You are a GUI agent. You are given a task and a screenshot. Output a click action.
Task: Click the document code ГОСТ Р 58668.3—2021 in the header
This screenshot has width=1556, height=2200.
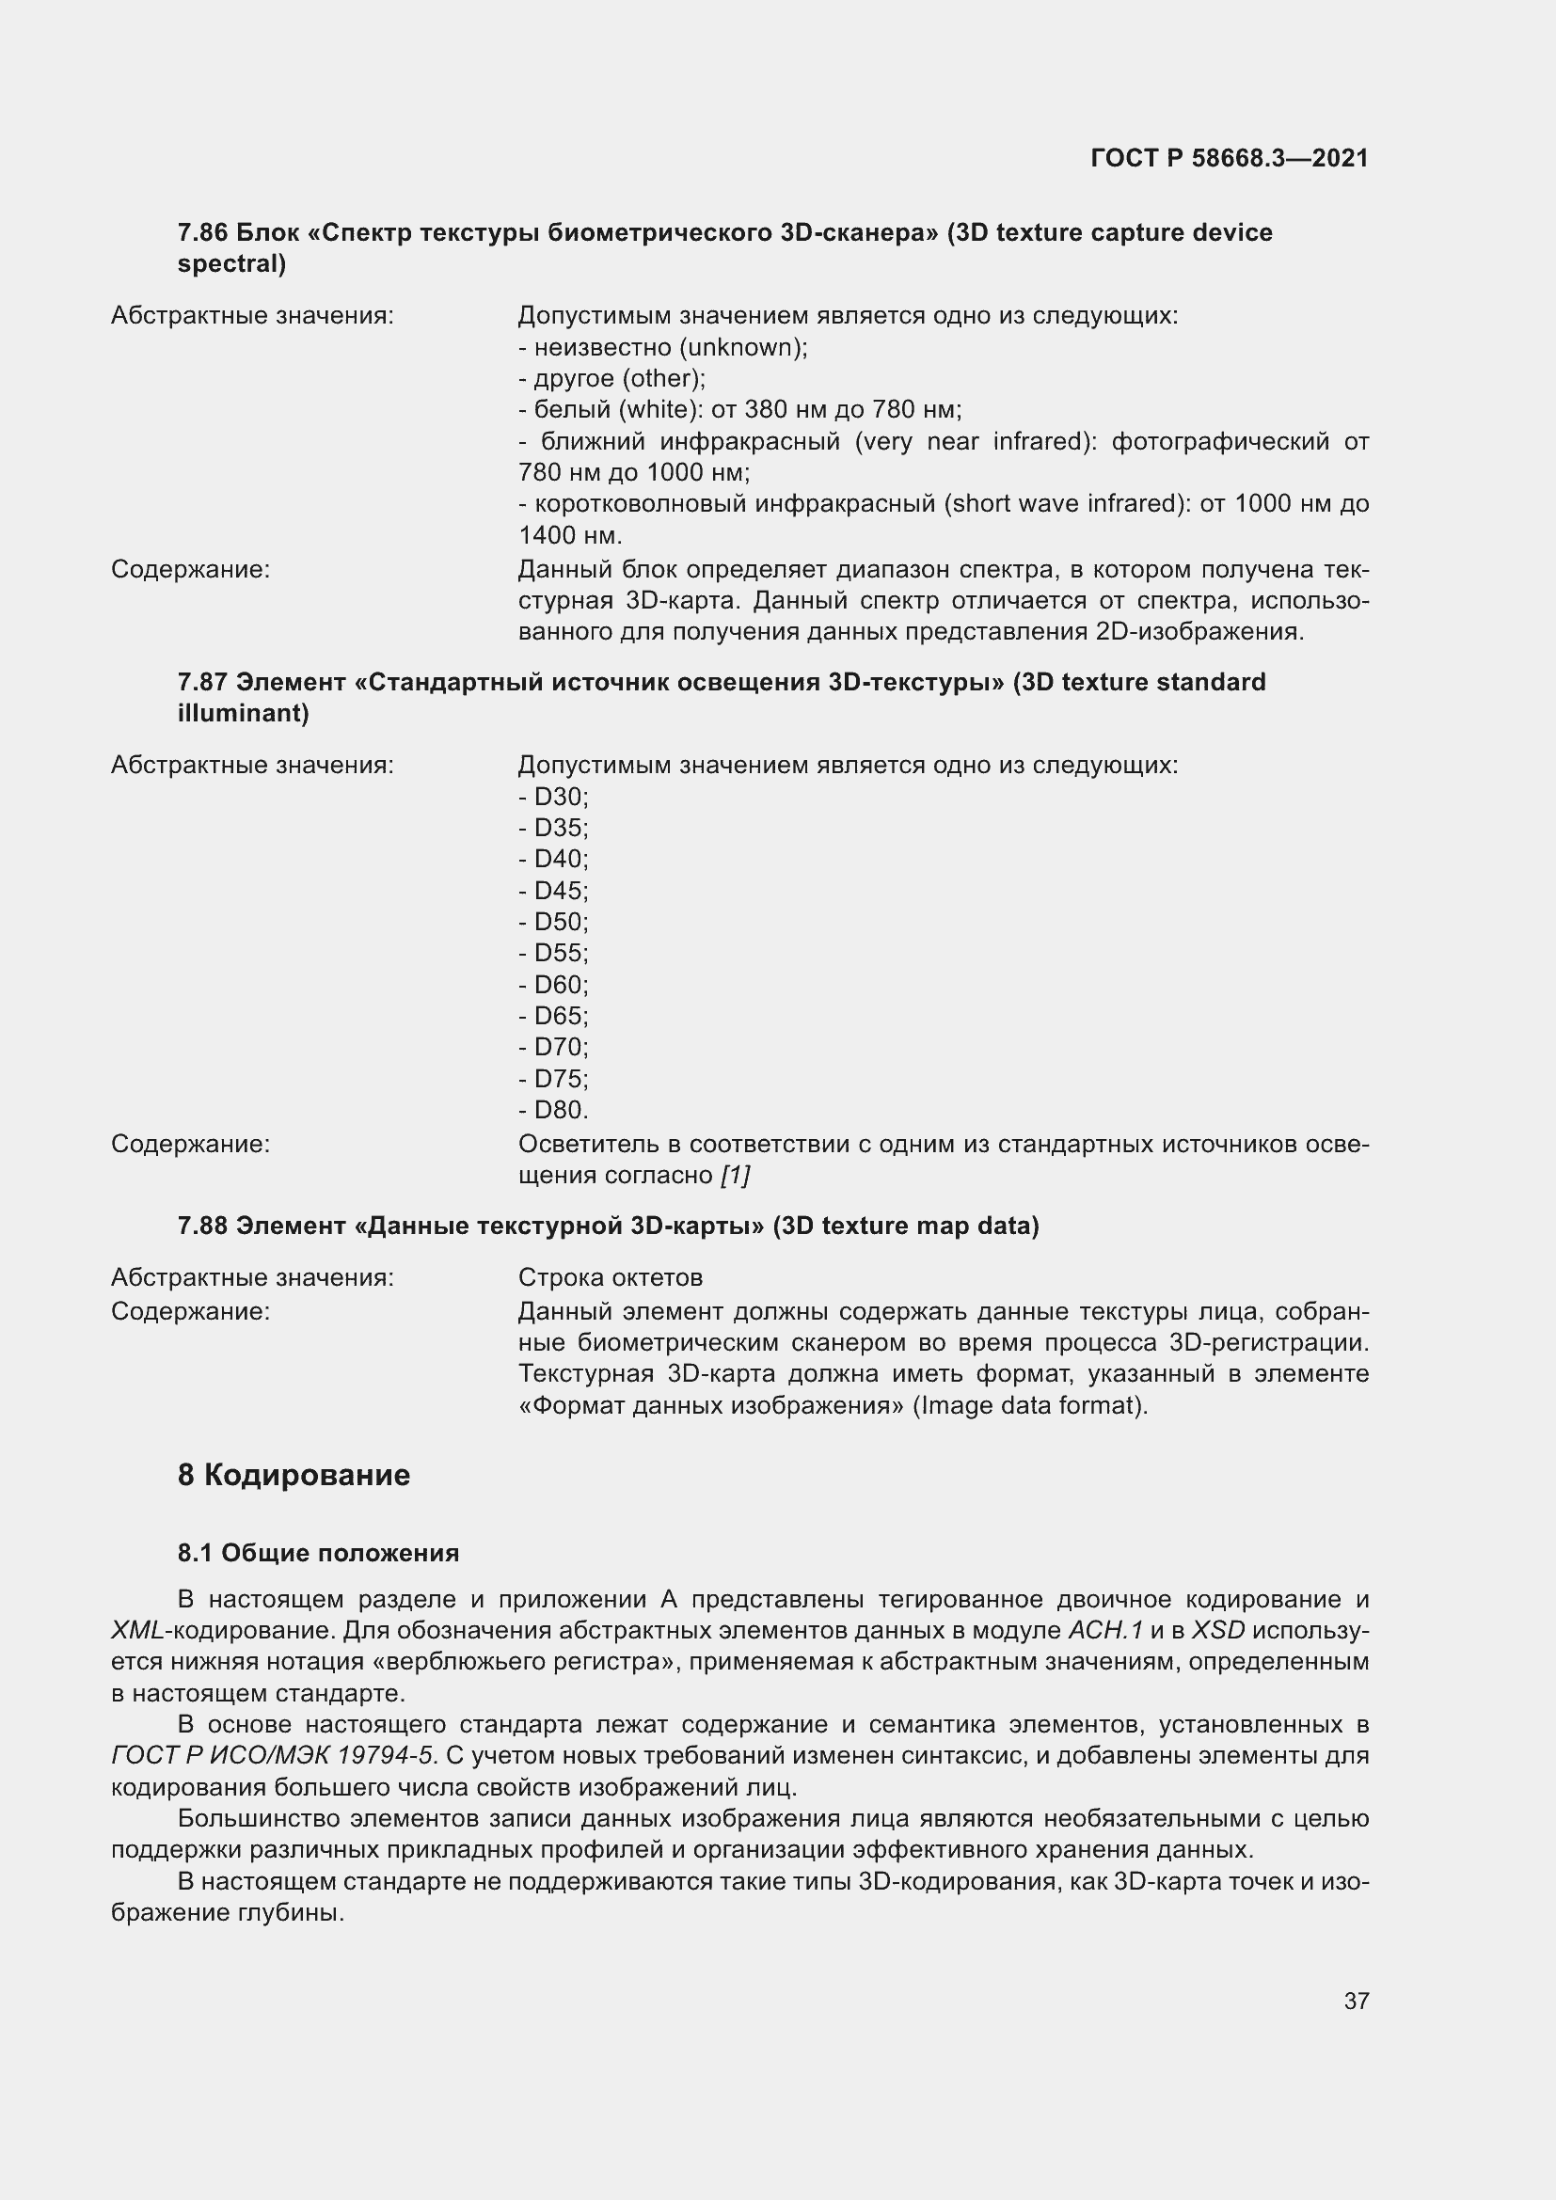pyautogui.click(x=1230, y=158)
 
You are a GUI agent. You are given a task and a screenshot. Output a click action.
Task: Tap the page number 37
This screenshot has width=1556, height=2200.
pyautogui.click(x=1356, y=2001)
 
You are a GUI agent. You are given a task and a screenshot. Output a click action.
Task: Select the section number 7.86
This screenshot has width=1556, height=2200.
pyautogui.click(x=202, y=233)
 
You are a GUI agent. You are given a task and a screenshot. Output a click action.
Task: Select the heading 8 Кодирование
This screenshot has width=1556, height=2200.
pyautogui.click(x=294, y=1475)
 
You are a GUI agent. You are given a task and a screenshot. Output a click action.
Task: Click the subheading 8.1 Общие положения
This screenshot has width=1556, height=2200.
pyautogui.click(x=318, y=1553)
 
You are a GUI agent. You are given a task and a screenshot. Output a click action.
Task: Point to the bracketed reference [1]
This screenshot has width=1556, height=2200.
pyautogui.click(x=735, y=1175)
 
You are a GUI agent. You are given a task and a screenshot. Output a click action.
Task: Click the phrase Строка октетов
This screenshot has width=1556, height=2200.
pyautogui.click(x=610, y=1277)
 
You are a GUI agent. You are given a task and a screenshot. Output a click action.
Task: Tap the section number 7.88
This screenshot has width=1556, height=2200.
pyautogui.click(x=202, y=1226)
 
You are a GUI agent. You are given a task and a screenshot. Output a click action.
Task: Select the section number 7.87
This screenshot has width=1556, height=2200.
pyautogui.click(x=202, y=682)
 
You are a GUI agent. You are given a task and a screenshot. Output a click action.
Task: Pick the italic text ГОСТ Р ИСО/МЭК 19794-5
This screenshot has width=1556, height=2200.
pyautogui.click(x=274, y=1755)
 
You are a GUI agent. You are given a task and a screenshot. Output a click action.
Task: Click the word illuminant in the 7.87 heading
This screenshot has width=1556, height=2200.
pyautogui.click(x=244, y=713)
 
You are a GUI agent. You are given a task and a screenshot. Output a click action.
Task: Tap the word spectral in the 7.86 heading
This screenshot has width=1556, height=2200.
pyautogui.click(x=231, y=263)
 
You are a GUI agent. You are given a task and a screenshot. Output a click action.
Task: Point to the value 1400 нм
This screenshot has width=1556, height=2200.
pyautogui.click(x=569, y=534)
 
